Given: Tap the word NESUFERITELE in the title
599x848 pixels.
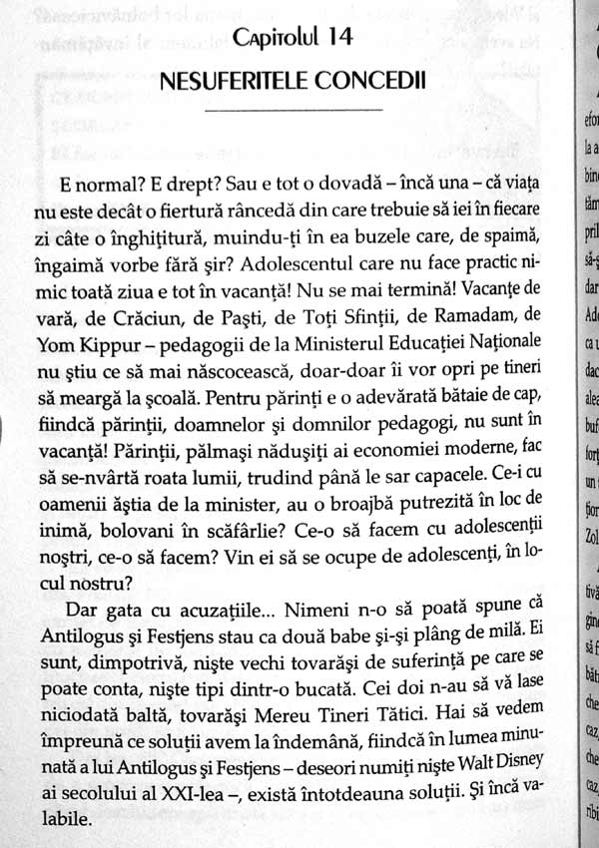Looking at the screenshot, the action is click(x=227, y=80).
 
